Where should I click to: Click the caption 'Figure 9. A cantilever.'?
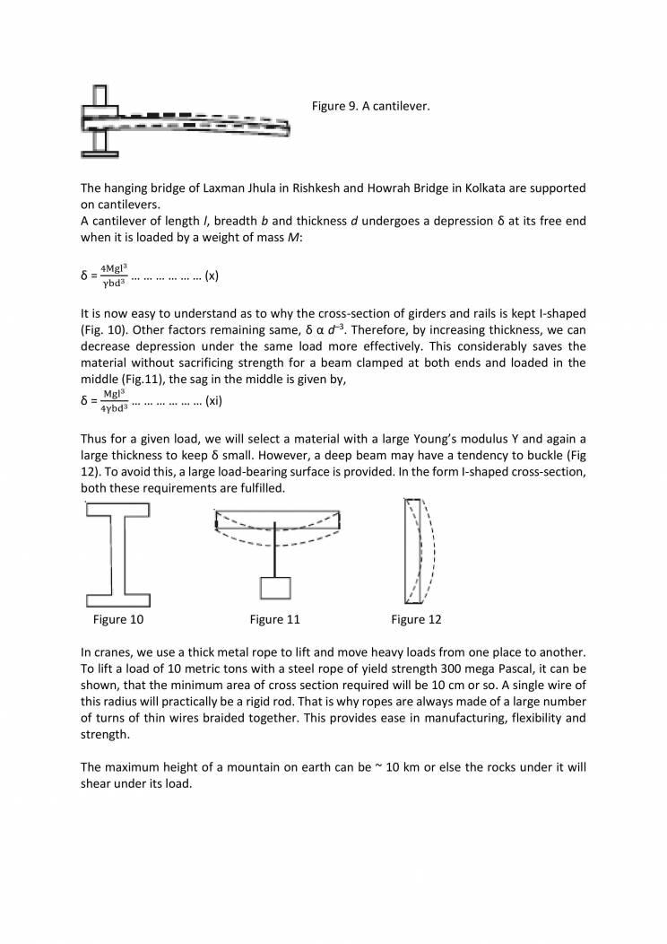click(x=370, y=107)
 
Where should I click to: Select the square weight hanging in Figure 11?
click(x=274, y=587)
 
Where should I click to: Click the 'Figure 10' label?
click(x=117, y=619)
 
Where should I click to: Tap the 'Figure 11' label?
click(x=274, y=619)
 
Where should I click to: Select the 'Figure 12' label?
click(x=416, y=619)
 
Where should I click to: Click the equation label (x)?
click(x=212, y=276)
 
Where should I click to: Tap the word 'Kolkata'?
click(x=468, y=188)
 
